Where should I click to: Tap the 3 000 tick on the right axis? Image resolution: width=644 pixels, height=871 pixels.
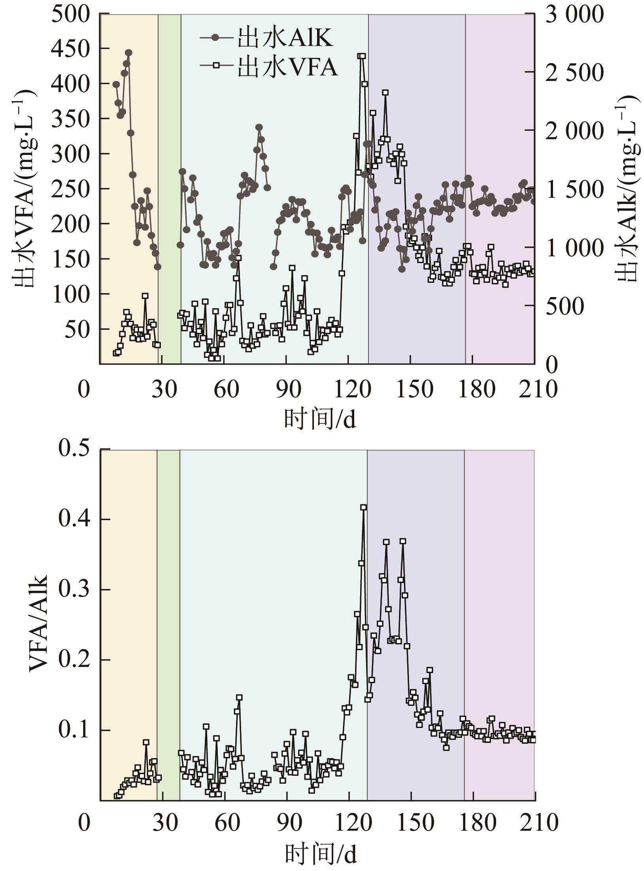coord(574,14)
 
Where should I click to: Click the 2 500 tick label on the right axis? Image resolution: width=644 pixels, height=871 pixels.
coord(574,72)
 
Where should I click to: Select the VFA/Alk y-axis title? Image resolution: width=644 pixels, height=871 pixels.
coord(38,623)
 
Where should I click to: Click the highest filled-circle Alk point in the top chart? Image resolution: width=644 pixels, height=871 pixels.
coord(128,53)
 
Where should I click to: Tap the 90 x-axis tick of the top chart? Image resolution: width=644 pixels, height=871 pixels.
coord(288,389)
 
